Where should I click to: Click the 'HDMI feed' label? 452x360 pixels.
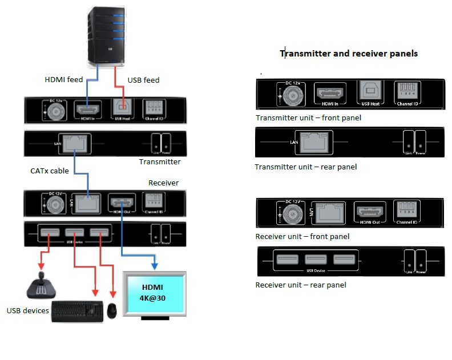pyautogui.click(x=64, y=80)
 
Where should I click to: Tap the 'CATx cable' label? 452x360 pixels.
pyautogui.click(x=50, y=170)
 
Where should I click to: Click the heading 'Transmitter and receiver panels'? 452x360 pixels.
pyautogui.click(x=349, y=54)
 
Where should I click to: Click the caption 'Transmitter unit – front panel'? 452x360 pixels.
pyautogui.click(x=308, y=118)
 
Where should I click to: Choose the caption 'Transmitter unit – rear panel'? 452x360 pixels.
pyautogui.click(x=306, y=167)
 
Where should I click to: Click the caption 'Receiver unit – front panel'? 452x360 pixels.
pyautogui.click(x=302, y=237)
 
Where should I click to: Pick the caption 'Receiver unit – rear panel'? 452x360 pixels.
pyautogui.click(x=301, y=285)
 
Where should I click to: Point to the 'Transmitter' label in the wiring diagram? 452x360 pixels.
pyautogui.click(x=160, y=162)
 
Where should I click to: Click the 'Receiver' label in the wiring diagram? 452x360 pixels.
pyautogui.click(x=163, y=183)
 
